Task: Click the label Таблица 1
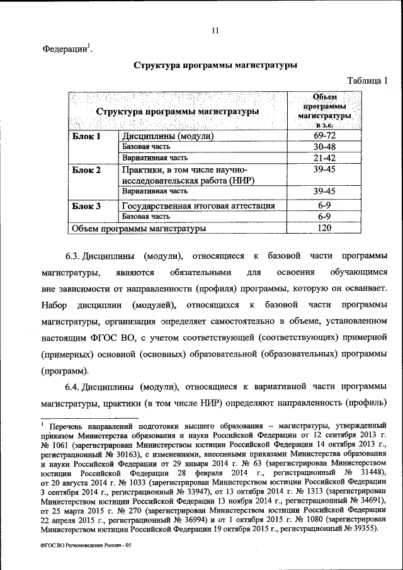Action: coord(369,80)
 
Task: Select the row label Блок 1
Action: coord(86,136)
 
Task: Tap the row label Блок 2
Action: coord(86,170)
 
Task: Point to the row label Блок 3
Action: coord(86,205)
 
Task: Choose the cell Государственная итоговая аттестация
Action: coord(198,205)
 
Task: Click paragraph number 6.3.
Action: coord(75,257)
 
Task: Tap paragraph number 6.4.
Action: coord(75,386)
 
